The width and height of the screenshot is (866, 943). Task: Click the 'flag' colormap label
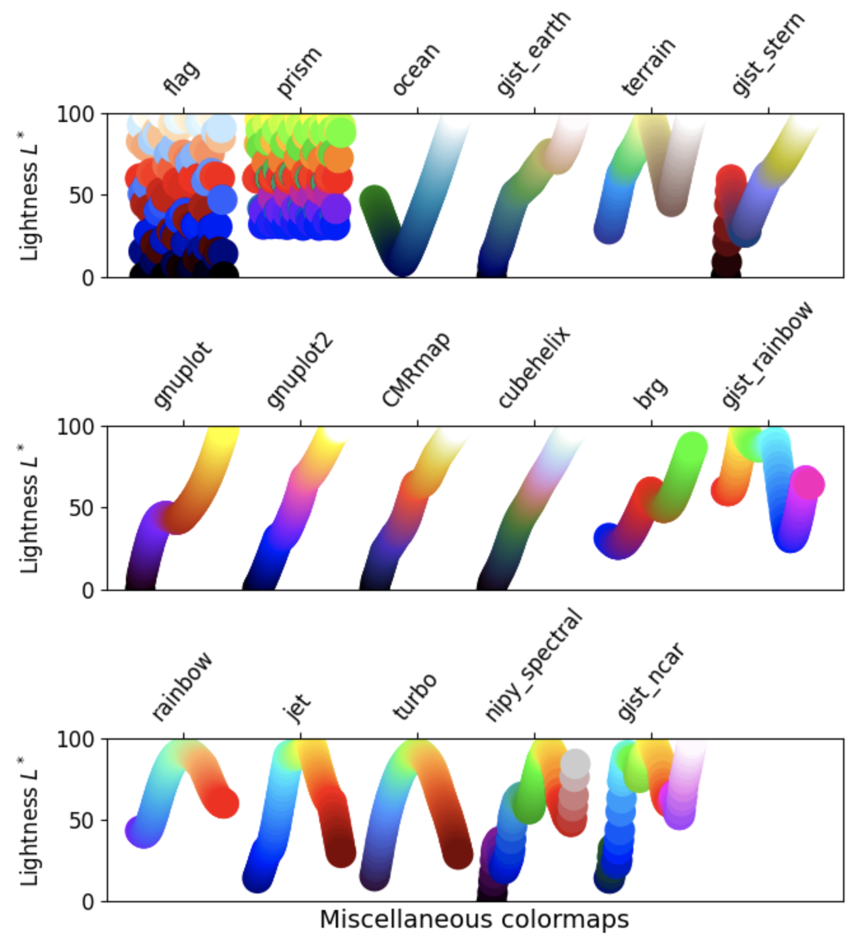click(x=182, y=78)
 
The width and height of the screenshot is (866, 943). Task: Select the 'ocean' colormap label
click(x=416, y=69)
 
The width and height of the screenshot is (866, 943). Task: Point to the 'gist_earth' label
click(x=533, y=54)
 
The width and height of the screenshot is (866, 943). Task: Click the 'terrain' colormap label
click(x=648, y=67)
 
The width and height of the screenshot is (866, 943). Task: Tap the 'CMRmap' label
click(x=416, y=369)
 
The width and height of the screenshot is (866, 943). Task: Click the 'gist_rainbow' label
click(x=767, y=355)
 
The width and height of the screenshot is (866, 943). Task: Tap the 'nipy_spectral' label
click(x=533, y=665)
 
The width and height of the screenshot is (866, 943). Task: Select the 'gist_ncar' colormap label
click(x=650, y=682)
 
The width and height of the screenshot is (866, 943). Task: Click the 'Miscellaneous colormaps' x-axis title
click(x=474, y=919)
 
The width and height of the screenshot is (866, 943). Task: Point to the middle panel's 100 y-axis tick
click(x=75, y=426)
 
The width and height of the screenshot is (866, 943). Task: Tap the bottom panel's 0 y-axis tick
click(x=88, y=902)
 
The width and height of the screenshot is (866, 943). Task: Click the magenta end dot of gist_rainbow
click(x=807, y=484)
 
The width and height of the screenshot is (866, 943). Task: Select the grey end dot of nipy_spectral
click(x=575, y=763)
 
